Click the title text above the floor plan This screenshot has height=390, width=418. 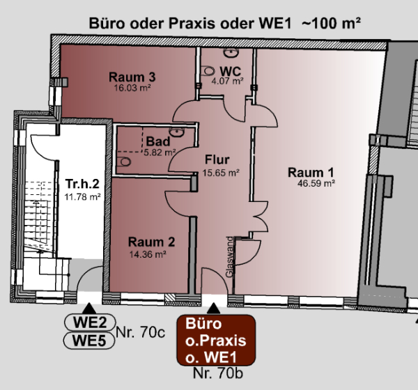pos(224,22)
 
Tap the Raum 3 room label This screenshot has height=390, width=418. pos(132,77)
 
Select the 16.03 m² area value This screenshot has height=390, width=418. pos(132,88)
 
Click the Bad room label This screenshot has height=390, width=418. pos(158,141)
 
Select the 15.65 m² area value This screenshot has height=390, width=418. pos(220,172)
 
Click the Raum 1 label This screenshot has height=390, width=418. pos(316,173)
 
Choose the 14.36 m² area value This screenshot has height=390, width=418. pos(147,254)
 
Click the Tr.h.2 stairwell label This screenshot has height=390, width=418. pos(83,184)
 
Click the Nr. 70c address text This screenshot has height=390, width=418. pos(140,332)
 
